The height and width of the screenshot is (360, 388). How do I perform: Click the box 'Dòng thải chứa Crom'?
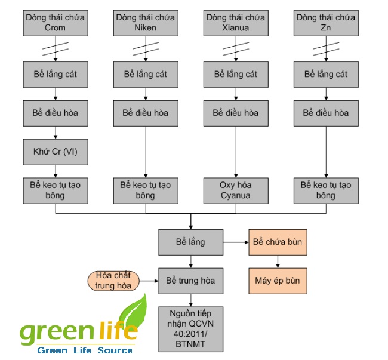tap(56, 22)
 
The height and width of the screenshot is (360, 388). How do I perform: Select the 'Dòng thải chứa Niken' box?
tap(145, 22)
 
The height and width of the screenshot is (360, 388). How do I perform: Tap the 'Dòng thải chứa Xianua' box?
tap(236, 22)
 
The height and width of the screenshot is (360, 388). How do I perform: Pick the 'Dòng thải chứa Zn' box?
tap(326, 22)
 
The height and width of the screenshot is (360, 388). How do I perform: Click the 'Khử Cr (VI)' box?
tap(56, 151)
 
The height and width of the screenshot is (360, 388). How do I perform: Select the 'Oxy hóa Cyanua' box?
tap(236, 190)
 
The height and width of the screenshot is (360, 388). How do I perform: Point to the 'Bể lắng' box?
tap(190, 242)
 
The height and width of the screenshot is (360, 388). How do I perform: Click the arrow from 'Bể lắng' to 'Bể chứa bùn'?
tap(236, 242)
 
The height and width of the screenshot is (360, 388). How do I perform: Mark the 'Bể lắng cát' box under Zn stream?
tap(326, 74)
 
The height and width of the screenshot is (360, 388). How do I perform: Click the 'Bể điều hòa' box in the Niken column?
tap(145, 112)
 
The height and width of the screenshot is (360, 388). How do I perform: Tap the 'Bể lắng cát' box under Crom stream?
tap(56, 74)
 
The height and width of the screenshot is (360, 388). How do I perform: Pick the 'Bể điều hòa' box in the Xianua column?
tap(236, 112)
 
